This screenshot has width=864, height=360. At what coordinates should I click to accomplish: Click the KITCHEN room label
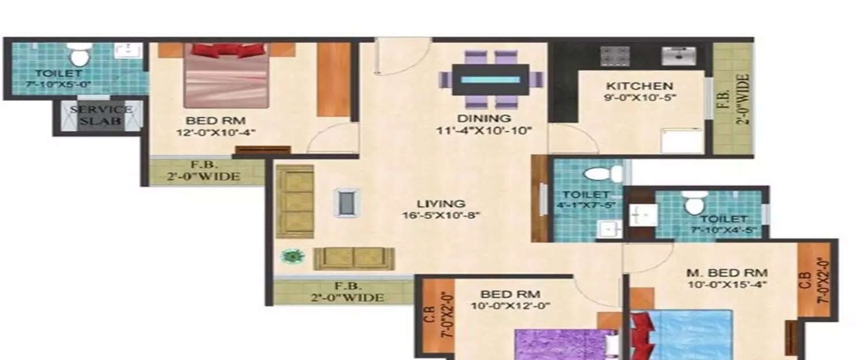coord(639,86)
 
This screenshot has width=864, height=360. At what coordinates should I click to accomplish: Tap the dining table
coord(490,79)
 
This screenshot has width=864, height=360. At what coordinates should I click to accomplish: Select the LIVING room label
coord(441,203)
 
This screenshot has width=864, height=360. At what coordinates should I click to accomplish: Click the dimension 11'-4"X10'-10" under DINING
coord(483,131)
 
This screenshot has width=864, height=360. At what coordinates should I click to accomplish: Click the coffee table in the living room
coord(347,203)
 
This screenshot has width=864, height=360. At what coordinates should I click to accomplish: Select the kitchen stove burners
coord(615,56)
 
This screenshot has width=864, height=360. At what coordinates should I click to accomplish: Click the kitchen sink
coord(679,56)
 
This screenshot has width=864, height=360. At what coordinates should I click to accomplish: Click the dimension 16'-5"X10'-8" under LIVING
coord(441,216)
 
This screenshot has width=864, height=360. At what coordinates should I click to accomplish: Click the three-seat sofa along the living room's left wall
coord(295,201)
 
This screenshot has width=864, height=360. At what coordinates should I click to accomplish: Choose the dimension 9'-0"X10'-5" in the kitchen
coord(640,97)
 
